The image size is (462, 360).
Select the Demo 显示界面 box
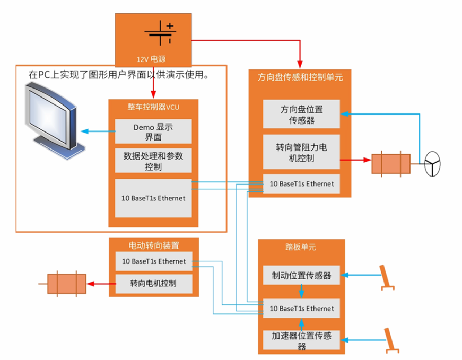click(x=153, y=131)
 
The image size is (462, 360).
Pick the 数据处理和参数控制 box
click(x=153, y=161)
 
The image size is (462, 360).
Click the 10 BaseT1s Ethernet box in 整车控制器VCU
click(x=153, y=198)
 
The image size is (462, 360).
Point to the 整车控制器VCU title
click(x=153, y=107)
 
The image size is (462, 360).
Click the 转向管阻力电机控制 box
click(x=302, y=152)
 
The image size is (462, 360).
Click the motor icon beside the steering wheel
click(x=391, y=164)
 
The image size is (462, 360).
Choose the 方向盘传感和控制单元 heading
click(x=300, y=77)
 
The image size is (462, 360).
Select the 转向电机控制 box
click(x=153, y=283)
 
